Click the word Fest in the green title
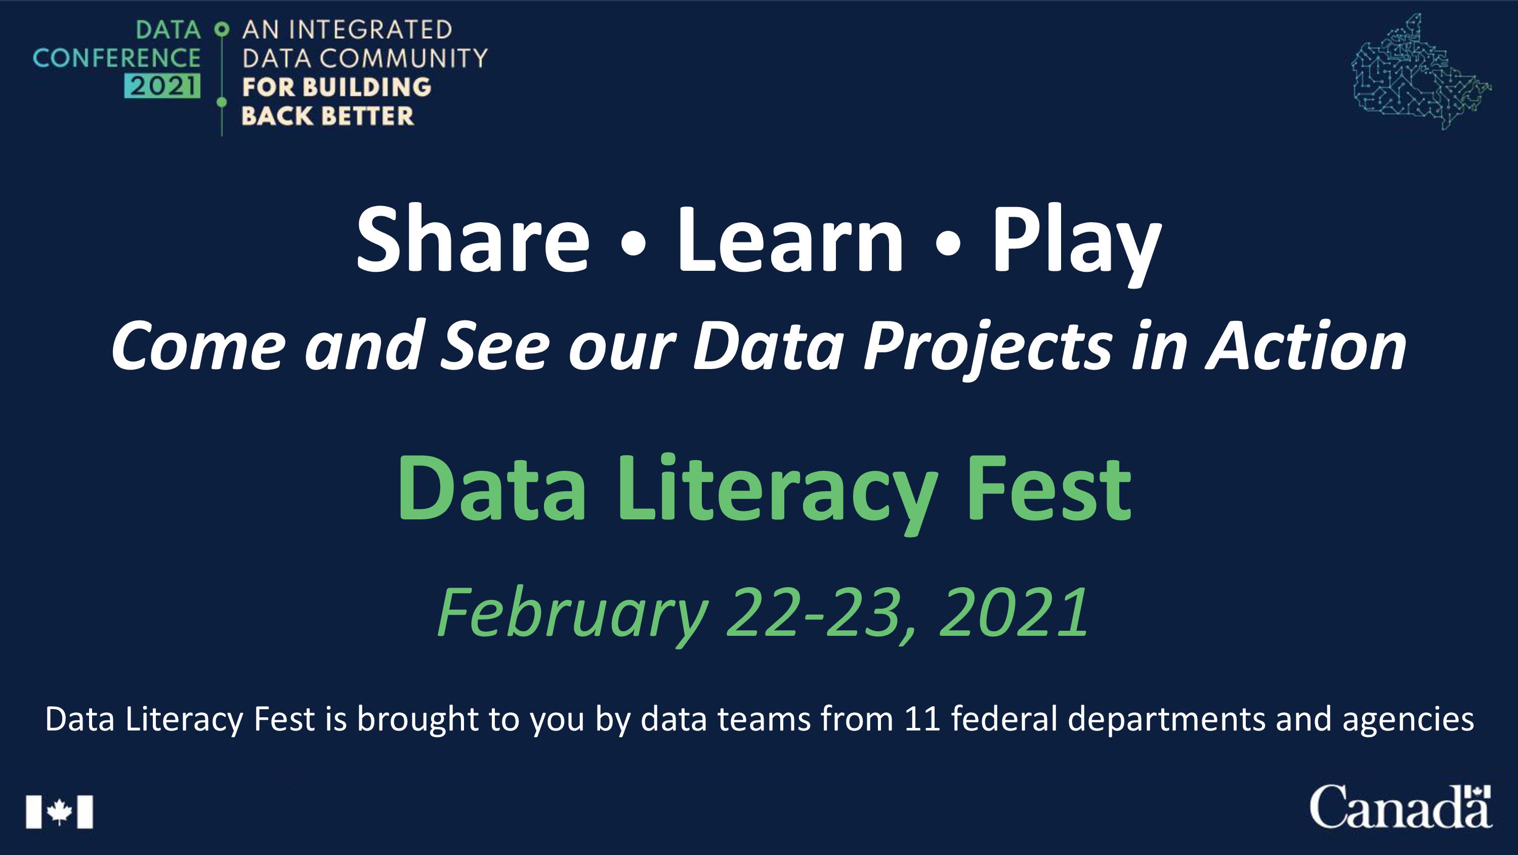tap(1049, 490)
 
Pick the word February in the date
tap(572, 615)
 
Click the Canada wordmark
tap(1401, 806)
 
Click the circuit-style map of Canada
tap(1421, 72)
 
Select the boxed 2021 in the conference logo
tap(162, 86)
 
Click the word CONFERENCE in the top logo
tap(117, 58)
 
